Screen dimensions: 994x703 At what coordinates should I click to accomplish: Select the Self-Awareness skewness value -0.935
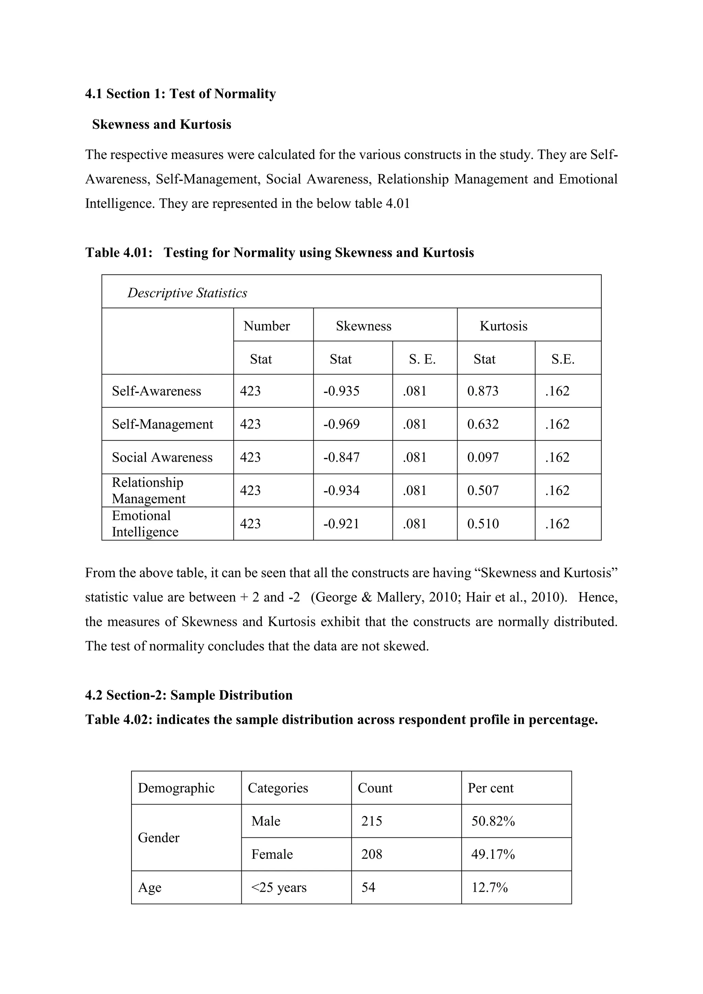click(341, 391)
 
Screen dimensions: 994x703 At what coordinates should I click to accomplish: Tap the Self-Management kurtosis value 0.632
click(483, 424)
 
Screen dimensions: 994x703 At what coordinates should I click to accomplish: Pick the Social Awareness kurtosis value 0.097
click(483, 457)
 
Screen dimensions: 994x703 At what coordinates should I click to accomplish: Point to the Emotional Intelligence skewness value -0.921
click(341, 524)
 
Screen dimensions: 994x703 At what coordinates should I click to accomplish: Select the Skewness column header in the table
click(363, 326)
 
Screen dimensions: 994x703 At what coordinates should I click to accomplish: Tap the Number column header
click(266, 326)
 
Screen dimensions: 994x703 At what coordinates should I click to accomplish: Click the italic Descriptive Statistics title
click(187, 293)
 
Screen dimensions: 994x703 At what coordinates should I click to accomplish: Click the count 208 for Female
click(371, 854)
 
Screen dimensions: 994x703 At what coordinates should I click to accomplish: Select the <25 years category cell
click(278, 888)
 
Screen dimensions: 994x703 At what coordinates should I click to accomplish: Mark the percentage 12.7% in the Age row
click(489, 888)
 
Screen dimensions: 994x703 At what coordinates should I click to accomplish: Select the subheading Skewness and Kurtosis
click(161, 124)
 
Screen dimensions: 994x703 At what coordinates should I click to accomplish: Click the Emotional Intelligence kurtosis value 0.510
click(483, 524)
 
